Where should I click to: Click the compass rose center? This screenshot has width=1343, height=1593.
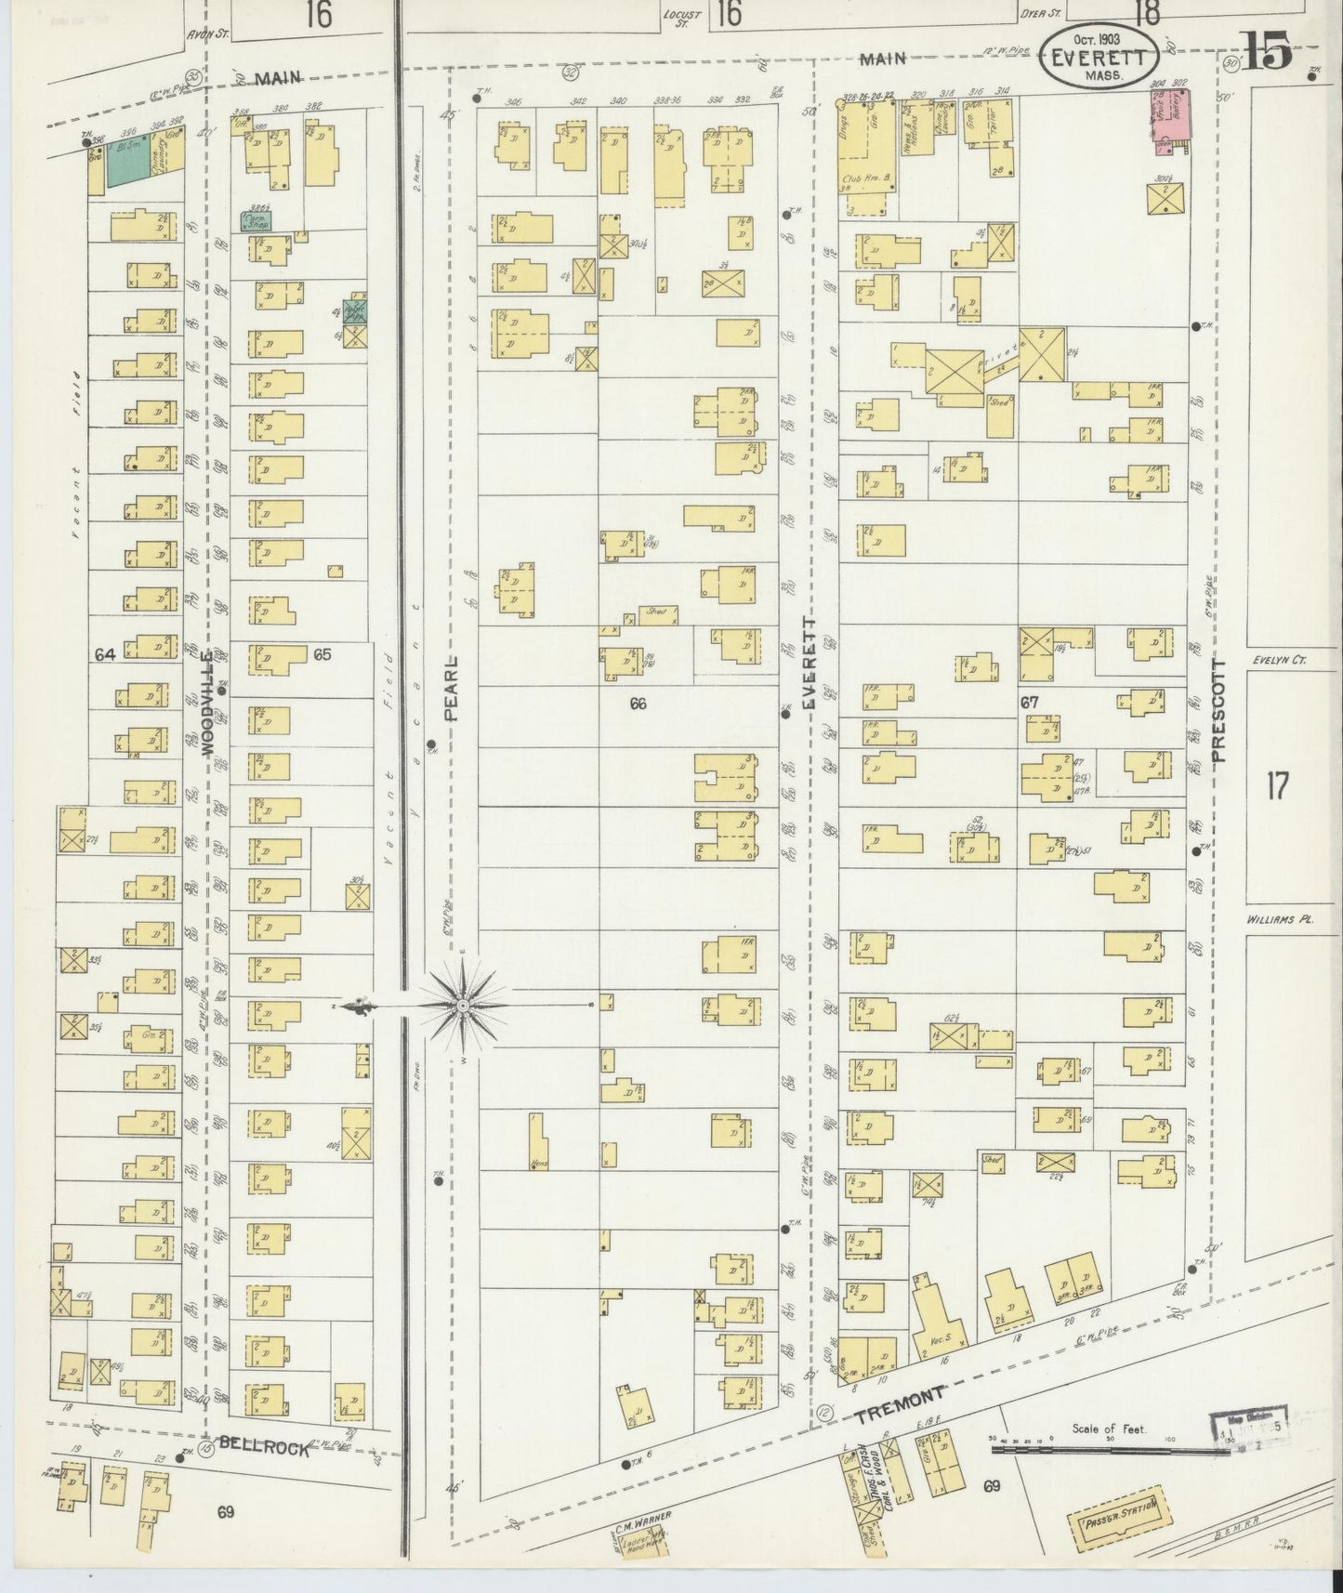pyautogui.click(x=463, y=1006)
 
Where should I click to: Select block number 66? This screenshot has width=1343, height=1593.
pyautogui.click(x=638, y=704)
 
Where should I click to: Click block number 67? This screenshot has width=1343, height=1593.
pyautogui.click(x=1029, y=704)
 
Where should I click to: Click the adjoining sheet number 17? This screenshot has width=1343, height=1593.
pyautogui.click(x=1277, y=787)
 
